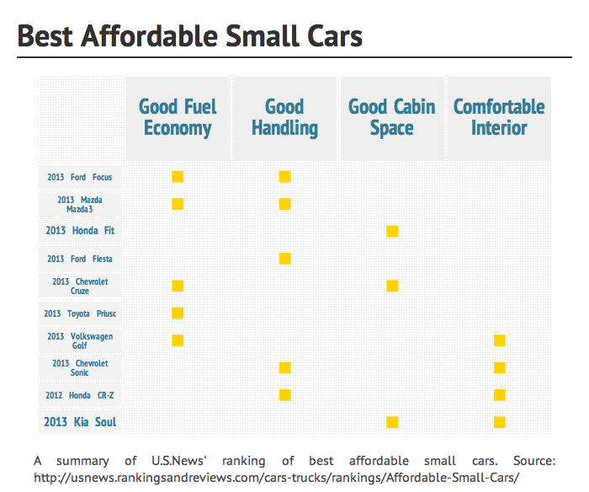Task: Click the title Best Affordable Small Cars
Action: [x=190, y=36]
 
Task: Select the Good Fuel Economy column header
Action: [x=178, y=118]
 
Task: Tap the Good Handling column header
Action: [x=284, y=118]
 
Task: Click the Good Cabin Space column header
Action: [x=391, y=118]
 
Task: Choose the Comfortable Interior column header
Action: [x=499, y=118]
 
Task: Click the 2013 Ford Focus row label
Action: [x=80, y=177]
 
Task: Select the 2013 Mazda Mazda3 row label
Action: [x=80, y=204]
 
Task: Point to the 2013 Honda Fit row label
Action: [x=80, y=231]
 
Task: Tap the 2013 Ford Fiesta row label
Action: [x=80, y=259]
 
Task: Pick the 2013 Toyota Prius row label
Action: [x=80, y=313]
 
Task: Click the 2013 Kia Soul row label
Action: [x=80, y=422]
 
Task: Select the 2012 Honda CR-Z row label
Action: [x=80, y=395]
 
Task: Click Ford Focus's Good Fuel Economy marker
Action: [x=178, y=177]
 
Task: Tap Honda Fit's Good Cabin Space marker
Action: [x=392, y=232]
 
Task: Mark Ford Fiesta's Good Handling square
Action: [x=284, y=259]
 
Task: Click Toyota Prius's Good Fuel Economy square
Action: [x=178, y=313]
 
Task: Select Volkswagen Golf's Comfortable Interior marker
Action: [x=499, y=340]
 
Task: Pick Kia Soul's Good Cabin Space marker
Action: [x=392, y=422]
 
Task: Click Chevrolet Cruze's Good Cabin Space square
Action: [x=392, y=286]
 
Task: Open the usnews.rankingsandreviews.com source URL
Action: [x=277, y=477]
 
